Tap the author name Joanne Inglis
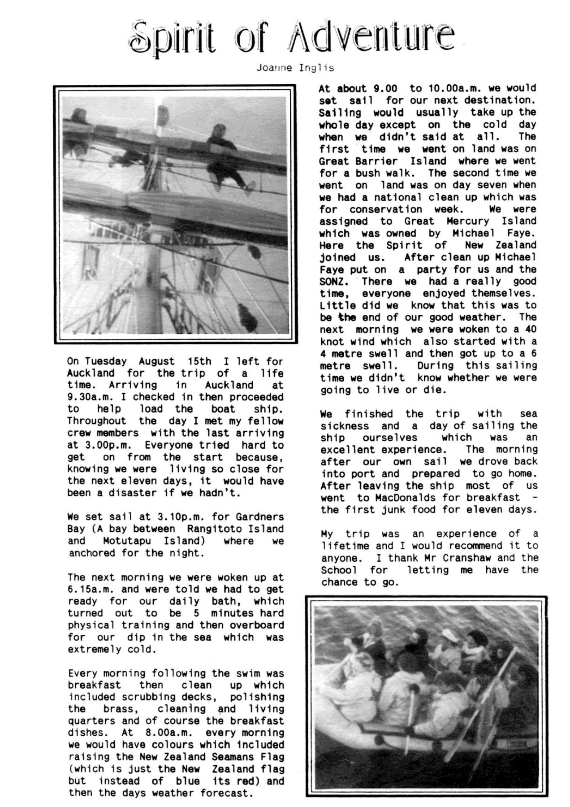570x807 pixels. pos(295,68)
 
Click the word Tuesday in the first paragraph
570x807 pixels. pos(106,361)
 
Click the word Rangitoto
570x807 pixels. pos(213,529)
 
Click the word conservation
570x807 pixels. pos(386,209)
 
